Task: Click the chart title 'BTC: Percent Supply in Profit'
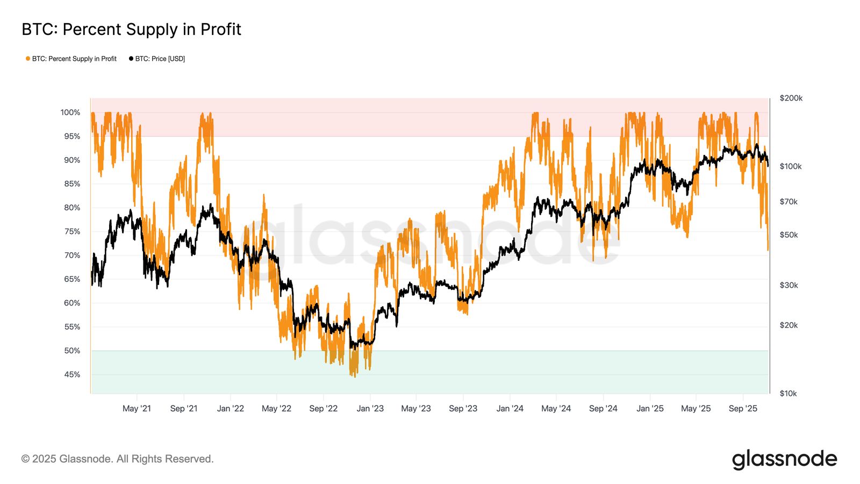click(x=131, y=29)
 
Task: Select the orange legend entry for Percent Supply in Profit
click(x=71, y=59)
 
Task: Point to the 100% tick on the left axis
click(x=70, y=112)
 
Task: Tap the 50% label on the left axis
click(x=72, y=351)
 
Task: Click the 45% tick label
click(x=72, y=374)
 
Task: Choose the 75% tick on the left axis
click(x=72, y=231)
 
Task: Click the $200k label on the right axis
click(x=791, y=98)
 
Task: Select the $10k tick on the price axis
click(x=788, y=393)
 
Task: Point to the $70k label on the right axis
click(x=788, y=202)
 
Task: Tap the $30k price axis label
click(x=789, y=285)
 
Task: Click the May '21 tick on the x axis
click(x=137, y=408)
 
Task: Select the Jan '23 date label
click(x=370, y=408)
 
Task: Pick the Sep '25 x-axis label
click(x=743, y=408)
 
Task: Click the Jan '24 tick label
click(x=510, y=408)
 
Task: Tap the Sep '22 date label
click(x=323, y=408)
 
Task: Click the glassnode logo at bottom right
click(x=784, y=459)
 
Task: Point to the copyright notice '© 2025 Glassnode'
click(x=117, y=459)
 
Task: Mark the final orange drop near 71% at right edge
click(x=768, y=250)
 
